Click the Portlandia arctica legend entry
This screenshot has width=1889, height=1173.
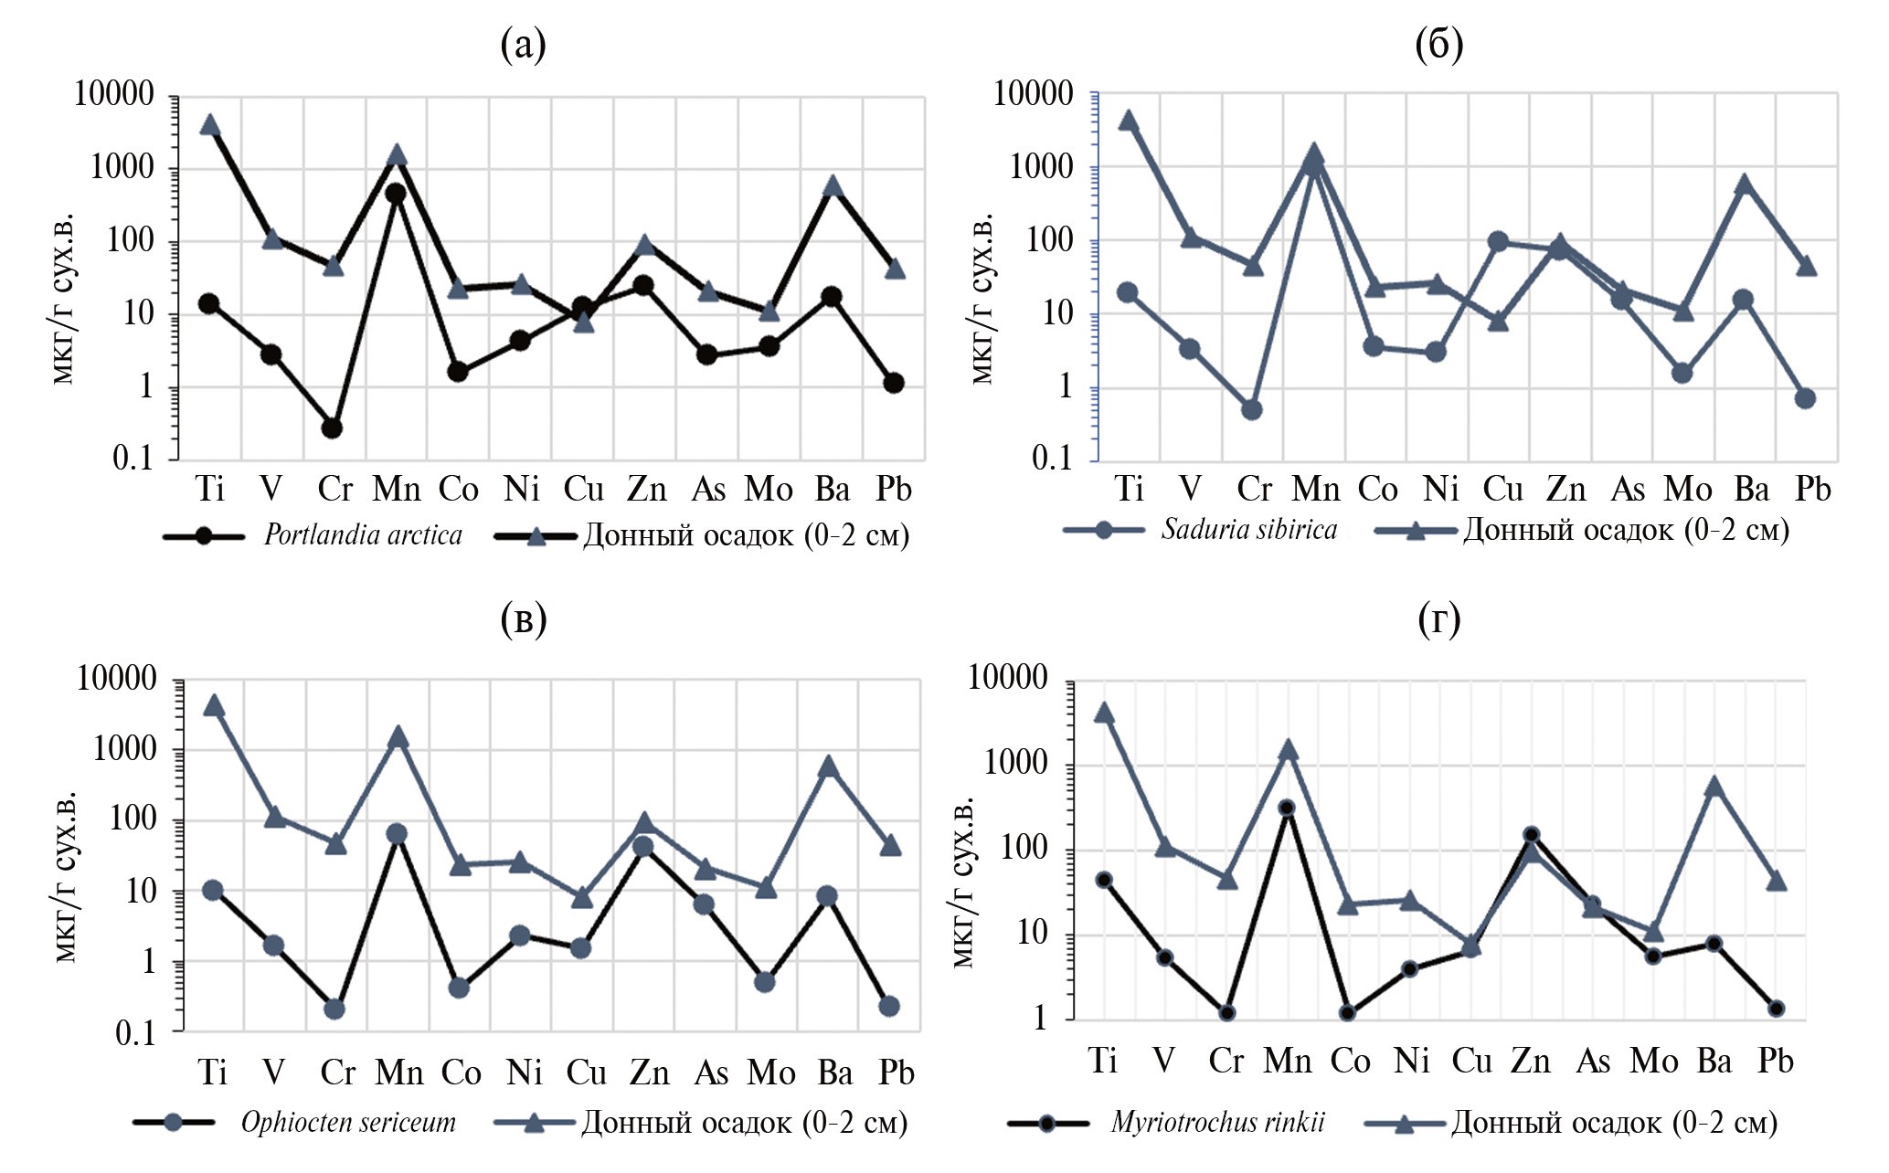pyautogui.click(x=363, y=535)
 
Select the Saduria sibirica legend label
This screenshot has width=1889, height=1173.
pyautogui.click(x=1249, y=530)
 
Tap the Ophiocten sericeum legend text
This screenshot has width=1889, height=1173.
pyautogui.click(x=348, y=1122)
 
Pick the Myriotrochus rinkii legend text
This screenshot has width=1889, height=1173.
pyautogui.click(x=1218, y=1122)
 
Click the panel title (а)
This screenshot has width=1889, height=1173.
pyautogui.click(x=524, y=44)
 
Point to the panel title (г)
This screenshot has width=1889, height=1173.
pyautogui.click(x=1439, y=619)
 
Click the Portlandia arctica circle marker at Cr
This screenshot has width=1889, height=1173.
pyautogui.click(x=332, y=428)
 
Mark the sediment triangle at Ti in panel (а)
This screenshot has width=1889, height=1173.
pyautogui.click(x=210, y=125)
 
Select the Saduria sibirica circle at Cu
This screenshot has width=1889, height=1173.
pyautogui.click(x=1497, y=242)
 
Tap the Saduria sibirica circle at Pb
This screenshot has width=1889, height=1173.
pyautogui.click(x=1805, y=398)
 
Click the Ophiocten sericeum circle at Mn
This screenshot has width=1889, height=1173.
pyautogui.click(x=397, y=833)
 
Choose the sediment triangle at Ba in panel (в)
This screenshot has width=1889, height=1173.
pyautogui.click(x=828, y=766)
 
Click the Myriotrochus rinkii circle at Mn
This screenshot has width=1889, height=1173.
pyautogui.click(x=1287, y=808)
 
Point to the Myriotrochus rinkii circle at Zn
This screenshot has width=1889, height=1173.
pyautogui.click(x=1531, y=834)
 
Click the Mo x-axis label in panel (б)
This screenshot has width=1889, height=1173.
pyautogui.click(x=1687, y=490)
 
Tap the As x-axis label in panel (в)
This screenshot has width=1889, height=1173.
pyautogui.click(x=710, y=1073)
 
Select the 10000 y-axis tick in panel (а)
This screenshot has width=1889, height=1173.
pyautogui.click(x=114, y=94)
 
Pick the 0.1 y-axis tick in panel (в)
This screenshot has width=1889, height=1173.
pyautogui.click(x=135, y=1033)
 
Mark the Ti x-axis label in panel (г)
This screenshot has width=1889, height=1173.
pyautogui.click(x=1103, y=1061)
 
